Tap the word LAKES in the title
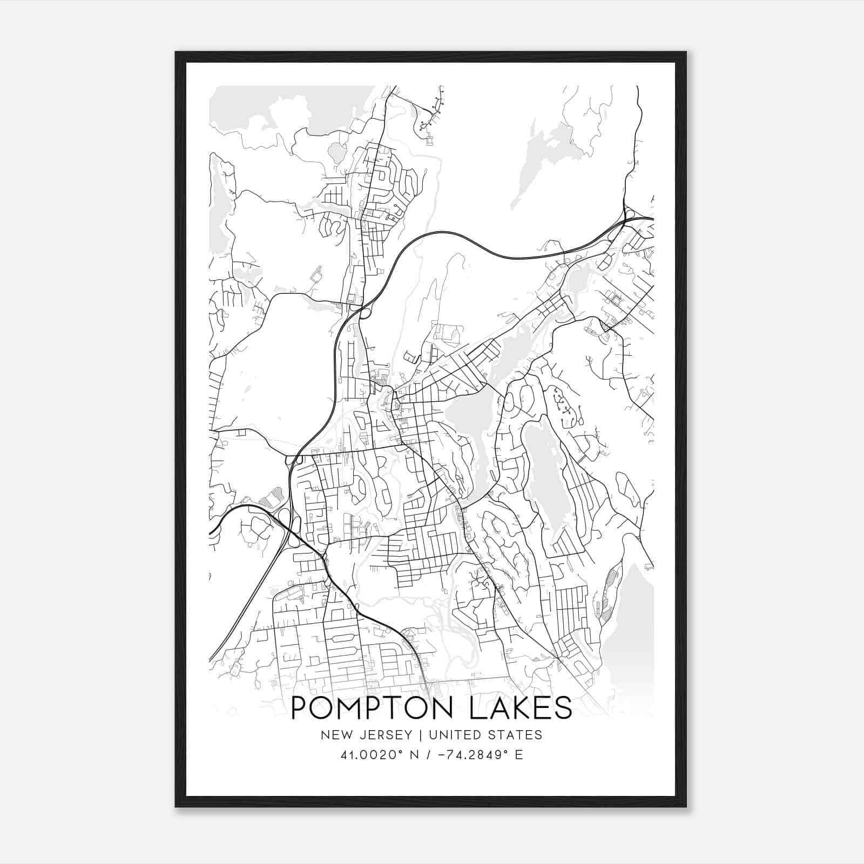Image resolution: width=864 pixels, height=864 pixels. (x=522, y=708)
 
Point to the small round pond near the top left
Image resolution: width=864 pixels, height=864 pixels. (x=337, y=153)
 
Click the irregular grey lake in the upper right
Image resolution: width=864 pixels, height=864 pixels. (x=545, y=157)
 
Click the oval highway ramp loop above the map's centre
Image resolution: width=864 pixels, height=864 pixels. (x=364, y=312)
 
